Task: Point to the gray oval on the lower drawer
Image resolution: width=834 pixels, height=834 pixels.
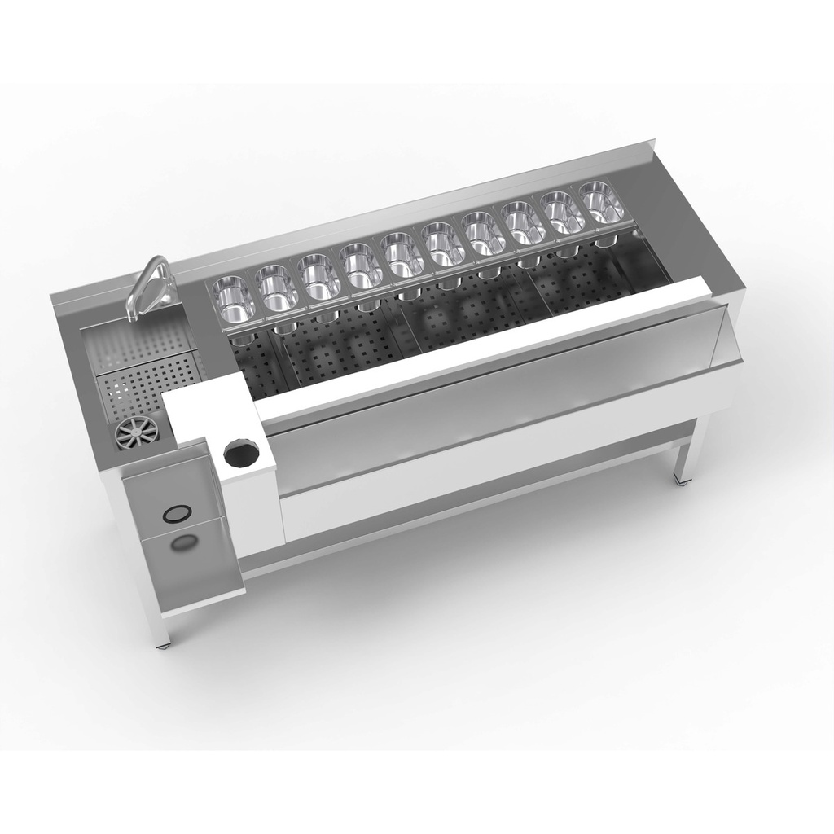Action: [185, 544]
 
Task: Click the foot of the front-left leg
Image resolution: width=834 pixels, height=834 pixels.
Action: [166, 646]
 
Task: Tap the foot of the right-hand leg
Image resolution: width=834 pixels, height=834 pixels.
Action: [681, 483]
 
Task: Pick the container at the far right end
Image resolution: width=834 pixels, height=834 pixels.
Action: [602, 202]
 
